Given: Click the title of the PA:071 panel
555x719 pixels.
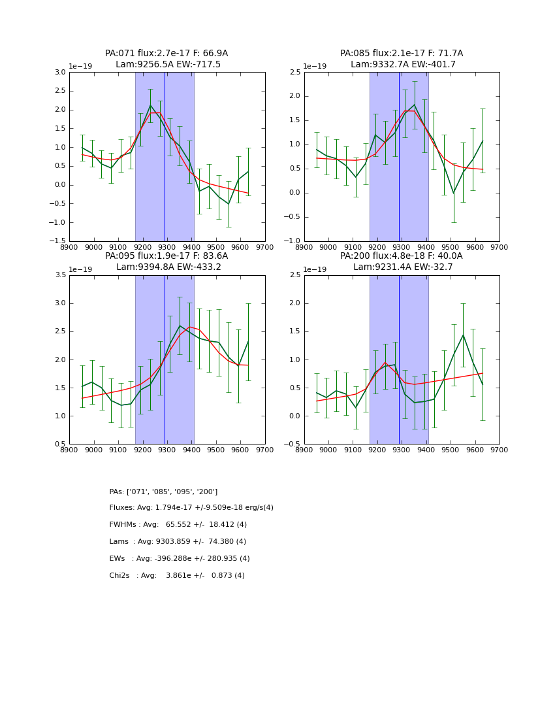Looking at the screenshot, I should (166, 59).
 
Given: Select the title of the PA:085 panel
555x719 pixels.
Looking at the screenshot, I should (402, 59).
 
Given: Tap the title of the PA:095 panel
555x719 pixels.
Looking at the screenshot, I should (166, 261).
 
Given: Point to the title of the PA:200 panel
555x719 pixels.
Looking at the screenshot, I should (402, 261).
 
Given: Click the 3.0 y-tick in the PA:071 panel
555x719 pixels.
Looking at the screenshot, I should (59, 72).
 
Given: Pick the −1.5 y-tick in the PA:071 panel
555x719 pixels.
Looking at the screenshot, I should (57, 241).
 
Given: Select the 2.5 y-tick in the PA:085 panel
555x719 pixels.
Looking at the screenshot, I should (294, 72).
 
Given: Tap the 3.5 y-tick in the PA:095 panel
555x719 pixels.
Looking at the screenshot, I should (59, 275).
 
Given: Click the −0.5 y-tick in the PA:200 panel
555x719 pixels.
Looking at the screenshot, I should (293, 444).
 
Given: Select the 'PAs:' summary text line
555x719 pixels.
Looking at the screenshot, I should (163, 492).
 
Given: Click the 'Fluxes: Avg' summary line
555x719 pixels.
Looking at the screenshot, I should (191, 508).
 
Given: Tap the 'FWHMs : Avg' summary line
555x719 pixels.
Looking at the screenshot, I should (178, 525).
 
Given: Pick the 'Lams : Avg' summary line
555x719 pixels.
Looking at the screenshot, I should (178, 542).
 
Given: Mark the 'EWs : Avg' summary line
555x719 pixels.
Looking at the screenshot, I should (180, 559).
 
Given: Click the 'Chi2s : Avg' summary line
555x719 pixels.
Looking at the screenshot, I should (177, 576).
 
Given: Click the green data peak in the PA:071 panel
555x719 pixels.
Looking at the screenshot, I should (150, 105).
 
